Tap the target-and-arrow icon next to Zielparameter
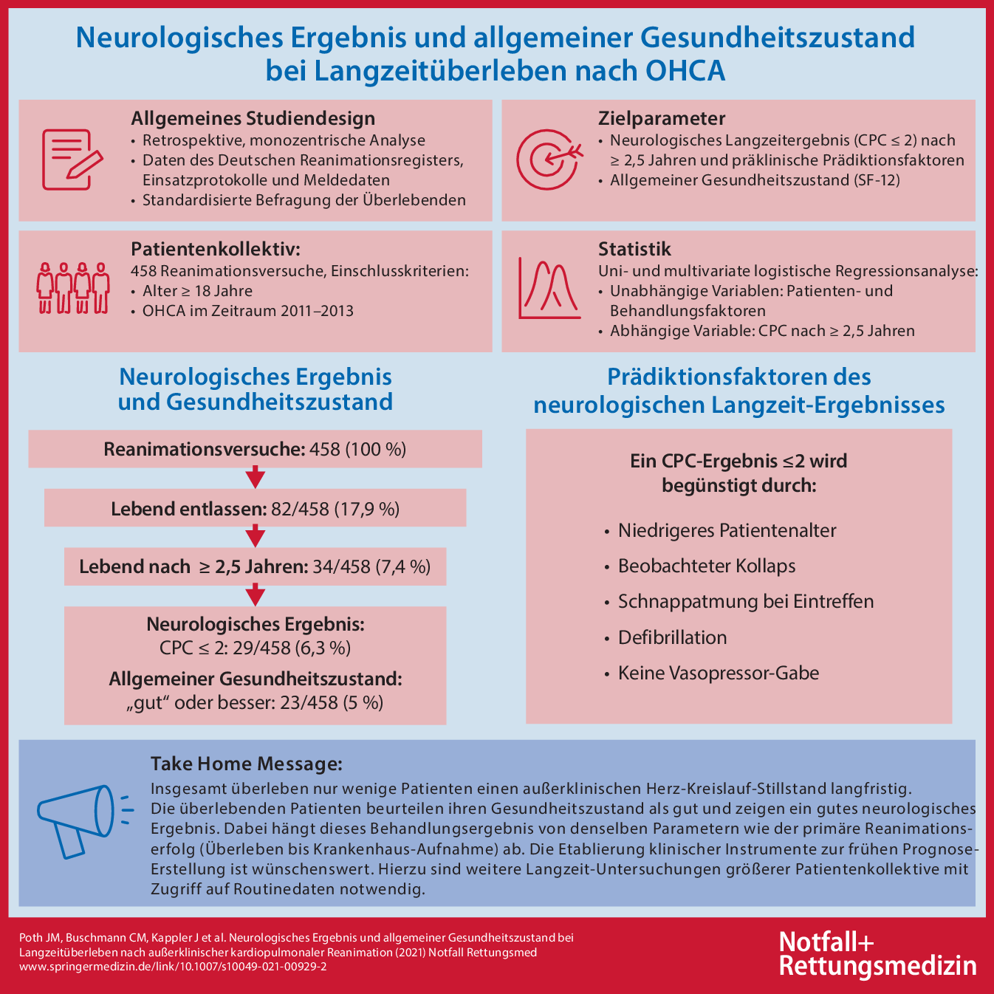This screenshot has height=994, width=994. (x=546, y=158)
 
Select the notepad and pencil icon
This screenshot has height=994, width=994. (x=71, y=159)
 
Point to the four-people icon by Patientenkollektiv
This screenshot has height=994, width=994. (x=73, y=287)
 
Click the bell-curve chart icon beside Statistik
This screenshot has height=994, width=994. (x=549, y=287)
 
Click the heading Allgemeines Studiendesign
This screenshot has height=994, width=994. (x=253, y=119)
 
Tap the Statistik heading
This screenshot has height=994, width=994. (x=634, y=249)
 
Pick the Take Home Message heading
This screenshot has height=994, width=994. (x=247, y=764)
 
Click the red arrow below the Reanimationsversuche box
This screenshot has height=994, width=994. (x=255, y=477)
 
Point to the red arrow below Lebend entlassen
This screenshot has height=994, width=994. (x=255, y=536)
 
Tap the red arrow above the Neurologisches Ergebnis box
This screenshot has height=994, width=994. (x=255, y=595)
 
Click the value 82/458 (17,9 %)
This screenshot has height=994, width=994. (x=335, y=509)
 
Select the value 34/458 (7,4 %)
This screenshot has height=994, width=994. (x=371, y=567)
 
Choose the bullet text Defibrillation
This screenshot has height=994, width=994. (x=672, y=637)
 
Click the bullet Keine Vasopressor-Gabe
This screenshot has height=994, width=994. (x=718, y=673)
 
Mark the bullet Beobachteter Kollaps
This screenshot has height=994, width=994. (x=706, y=566)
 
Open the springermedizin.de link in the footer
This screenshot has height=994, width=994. (x=173, y=966)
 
